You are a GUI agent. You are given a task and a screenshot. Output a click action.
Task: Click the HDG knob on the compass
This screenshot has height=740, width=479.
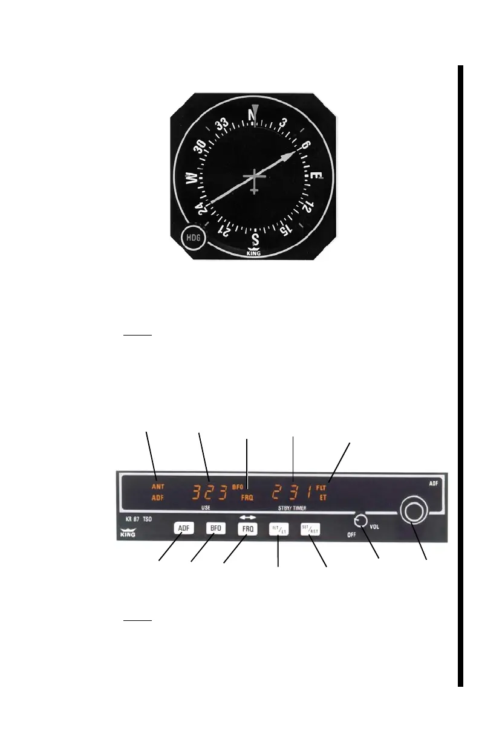194,239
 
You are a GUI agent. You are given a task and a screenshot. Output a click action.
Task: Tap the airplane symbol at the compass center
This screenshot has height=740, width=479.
255,180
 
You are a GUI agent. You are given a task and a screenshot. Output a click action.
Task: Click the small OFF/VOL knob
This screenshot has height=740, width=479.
360,521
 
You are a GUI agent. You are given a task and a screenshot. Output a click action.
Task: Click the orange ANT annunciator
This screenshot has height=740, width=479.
158,486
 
